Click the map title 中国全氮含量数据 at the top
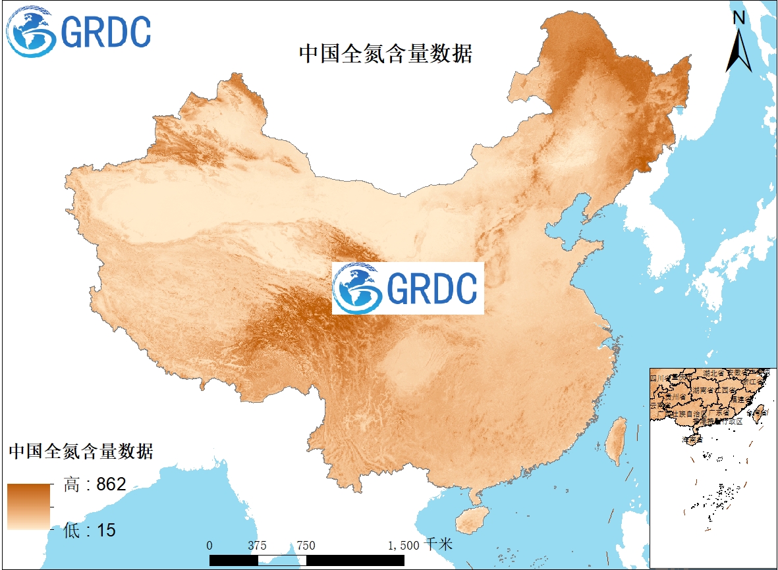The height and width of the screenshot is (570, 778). tap(385, 53)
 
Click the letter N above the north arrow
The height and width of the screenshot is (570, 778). tap(739, 18)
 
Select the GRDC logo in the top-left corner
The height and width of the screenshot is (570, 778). tap(79, 31)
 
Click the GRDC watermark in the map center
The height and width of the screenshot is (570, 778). tap(408, 288)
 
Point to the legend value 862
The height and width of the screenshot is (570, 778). tap(111, 485)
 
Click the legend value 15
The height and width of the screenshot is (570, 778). tap(106, 530)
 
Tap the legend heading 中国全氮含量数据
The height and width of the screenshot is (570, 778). tap(81, 452)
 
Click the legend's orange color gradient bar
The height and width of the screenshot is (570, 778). tap(29, 507)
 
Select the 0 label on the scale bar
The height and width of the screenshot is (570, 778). tap(209, 545)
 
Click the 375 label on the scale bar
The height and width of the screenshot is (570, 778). tap(258, 545)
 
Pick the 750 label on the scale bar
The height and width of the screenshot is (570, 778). tap(306, 545)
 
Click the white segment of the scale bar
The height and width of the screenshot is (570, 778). tap(283, 559)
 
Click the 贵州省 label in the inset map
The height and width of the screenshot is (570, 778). tap(676, 398)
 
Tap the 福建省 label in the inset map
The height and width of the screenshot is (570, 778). tap(747, 399)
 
